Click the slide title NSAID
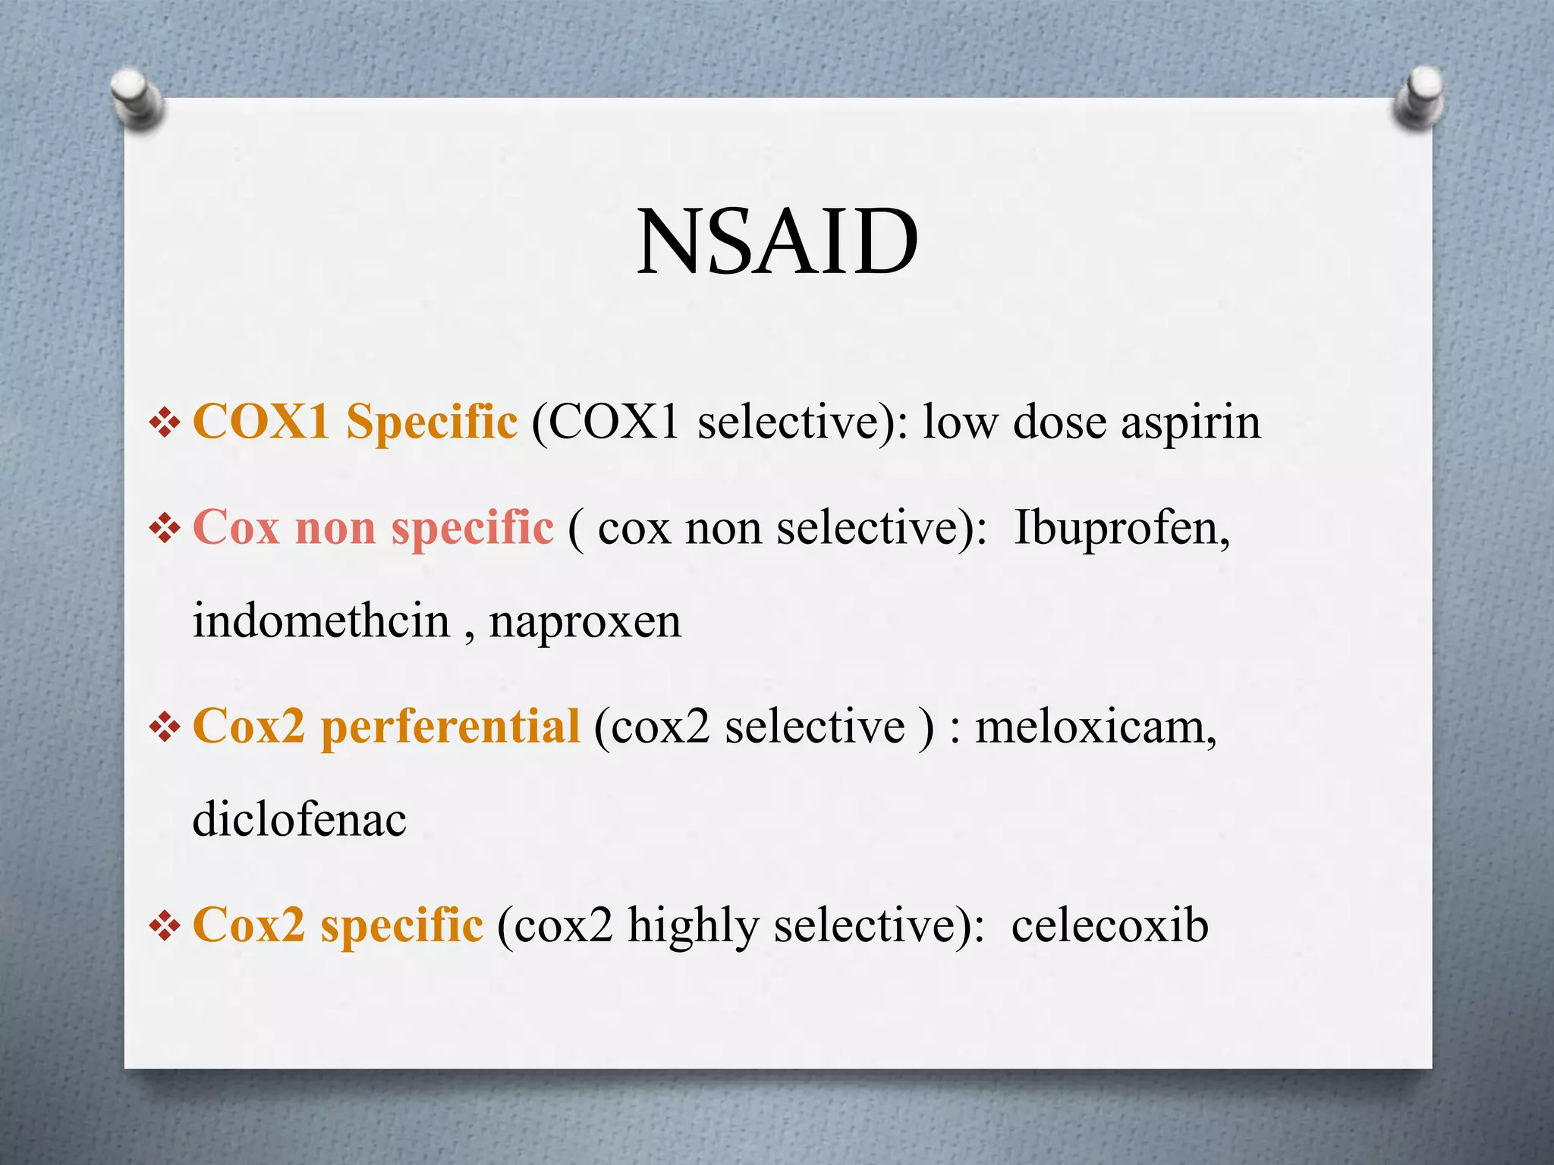click(777, 242)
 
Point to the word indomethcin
click(322, 621)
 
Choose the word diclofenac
click(300, 820)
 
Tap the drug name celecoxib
click(1109, 926)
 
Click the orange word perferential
click(451, 727)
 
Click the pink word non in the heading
click(335, 529)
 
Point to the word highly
click(693, 927)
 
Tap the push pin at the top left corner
click(136, 97)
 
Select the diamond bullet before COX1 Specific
click(165, 423)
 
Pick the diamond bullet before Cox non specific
click(165, 529)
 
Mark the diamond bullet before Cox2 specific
click(165, 926)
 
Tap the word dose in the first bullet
click(1059, 422)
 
